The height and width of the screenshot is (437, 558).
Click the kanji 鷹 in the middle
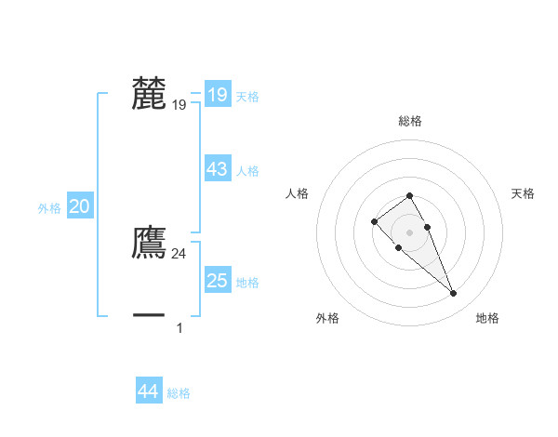click(x=149, y=243)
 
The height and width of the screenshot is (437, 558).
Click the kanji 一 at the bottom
click(x=149, y=316)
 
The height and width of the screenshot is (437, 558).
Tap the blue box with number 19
click(x=217, y=94)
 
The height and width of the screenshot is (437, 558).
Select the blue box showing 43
click(x=217, y=169)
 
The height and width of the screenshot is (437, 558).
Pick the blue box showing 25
click(x=217, y=280)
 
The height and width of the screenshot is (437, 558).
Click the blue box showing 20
click(x=79, y=206)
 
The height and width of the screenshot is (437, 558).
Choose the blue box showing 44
click(x=148, y=391)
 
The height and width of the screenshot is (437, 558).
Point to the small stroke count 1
click(x=179, y=327)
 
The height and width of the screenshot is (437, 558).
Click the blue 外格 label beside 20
click(x=49, y=208)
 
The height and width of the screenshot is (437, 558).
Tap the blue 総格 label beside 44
click(x=179, y=393)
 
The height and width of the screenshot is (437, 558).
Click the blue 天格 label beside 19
click(x=247, y=96)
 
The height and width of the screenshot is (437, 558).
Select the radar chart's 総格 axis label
click(x=410, y=121)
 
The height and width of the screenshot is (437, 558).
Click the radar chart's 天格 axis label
click(x=523, y=193)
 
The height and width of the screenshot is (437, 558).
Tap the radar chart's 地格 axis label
click(x=487, y=318)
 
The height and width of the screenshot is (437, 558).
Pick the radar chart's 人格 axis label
click(x=298, y=193)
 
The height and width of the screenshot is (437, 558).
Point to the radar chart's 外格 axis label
click(x=327, y=318)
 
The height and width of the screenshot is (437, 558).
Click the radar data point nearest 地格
click(x=454, y=294)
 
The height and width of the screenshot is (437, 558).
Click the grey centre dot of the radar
click(x=409, y=232)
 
